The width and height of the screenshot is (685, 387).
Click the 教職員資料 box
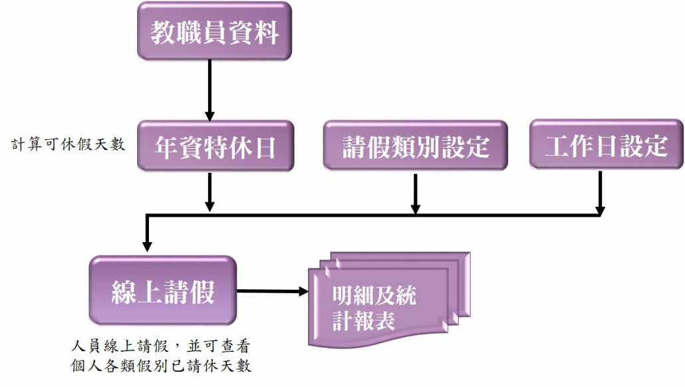click(215, 31)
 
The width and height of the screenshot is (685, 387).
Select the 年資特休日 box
click(215, 146)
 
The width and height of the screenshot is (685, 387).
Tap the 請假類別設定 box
click(415, 146)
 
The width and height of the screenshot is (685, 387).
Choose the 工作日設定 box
click(606, 144)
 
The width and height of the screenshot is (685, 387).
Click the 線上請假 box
click(162, 291)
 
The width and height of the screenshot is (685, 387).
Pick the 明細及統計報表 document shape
click(389, 300)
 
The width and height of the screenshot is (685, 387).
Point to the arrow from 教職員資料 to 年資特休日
click(209, 90)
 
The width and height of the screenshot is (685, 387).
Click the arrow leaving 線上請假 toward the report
click(273, 291)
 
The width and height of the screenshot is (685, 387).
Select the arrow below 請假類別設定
click(416, 194)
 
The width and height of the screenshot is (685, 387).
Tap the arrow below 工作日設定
click(601, 193)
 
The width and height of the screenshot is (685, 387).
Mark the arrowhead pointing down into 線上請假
click(147, 246)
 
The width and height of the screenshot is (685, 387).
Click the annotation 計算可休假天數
click(68, 144)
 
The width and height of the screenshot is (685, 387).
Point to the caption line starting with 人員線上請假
click(161, 346)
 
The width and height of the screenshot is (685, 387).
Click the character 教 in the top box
click(163, 32)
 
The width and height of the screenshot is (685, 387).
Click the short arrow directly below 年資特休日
click(209, 192)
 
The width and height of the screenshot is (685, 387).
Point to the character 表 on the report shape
click(385, 321)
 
